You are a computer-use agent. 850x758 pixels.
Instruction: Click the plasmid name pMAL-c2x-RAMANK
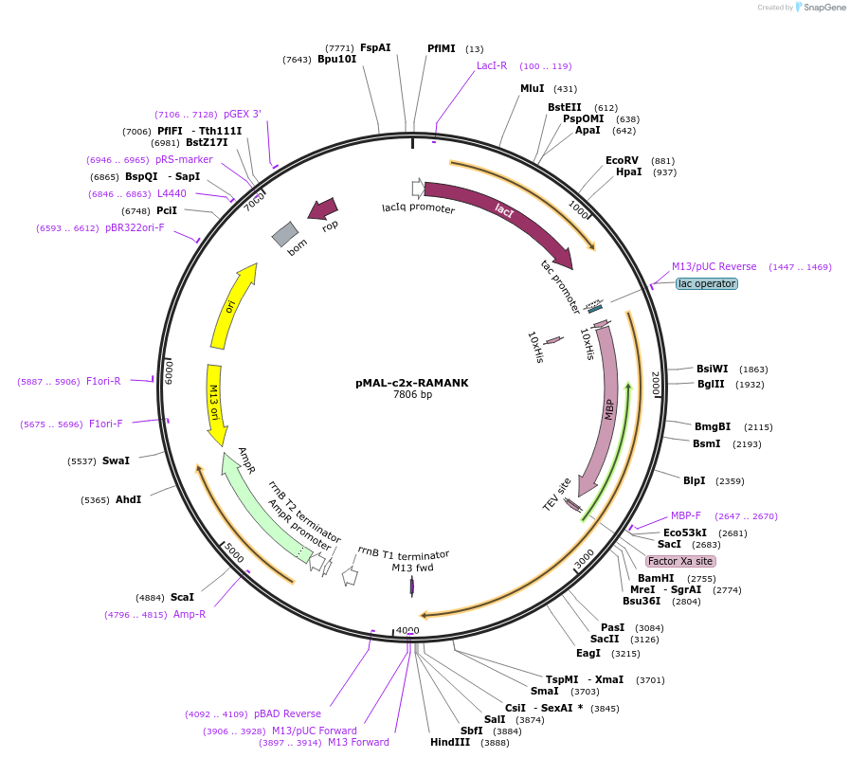coord(412,383)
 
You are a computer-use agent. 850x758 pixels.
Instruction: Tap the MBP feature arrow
coord(606,409)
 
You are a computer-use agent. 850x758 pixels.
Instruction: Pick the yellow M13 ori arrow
coord(215,405)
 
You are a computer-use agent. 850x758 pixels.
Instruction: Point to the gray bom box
coord(285,234)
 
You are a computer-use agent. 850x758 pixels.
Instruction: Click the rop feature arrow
coord(324,208)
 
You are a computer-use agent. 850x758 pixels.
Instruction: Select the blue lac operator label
coord(707,283)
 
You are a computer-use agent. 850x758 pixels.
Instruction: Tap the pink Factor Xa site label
coord(680,561)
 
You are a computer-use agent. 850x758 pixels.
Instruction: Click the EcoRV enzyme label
coord(622,160)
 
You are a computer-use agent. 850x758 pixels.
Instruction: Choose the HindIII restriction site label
coord(450,742)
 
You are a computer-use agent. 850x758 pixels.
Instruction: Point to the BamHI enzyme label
coord(656,579)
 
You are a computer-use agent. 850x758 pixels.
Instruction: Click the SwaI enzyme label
coord(116,460)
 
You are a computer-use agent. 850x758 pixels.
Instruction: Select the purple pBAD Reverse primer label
coord(287,714)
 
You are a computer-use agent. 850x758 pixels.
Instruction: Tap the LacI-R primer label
coord(492,65)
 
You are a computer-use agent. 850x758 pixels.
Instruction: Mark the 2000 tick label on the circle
coord(656,384)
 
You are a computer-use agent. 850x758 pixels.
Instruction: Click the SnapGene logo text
coord(824,7)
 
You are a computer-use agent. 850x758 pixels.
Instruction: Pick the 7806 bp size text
coord(412,394)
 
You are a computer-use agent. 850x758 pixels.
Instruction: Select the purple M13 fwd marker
coord(412,587)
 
